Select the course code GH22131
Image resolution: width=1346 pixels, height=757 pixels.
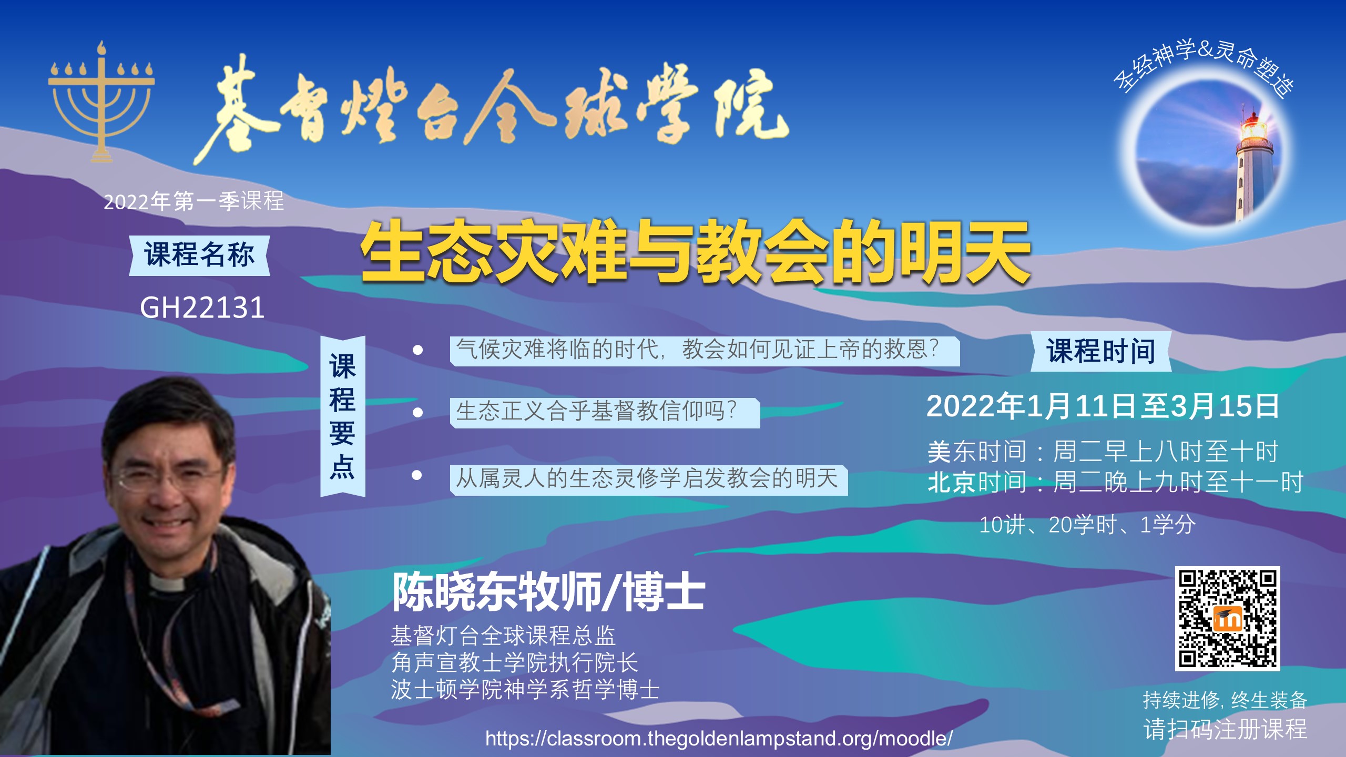pos(202,308)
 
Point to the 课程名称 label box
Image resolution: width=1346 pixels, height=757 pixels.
pos(199,255)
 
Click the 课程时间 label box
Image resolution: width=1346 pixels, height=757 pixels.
pos(1100,351)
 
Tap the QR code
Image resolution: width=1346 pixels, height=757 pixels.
pos(1227,619)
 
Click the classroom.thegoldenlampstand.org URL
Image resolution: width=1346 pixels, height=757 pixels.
pos(719,738)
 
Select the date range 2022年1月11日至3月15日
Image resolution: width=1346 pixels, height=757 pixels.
pos(1103,406)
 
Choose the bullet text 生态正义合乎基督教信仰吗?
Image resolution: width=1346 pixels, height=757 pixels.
pos(596,411)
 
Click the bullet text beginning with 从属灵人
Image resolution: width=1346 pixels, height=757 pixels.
pos(647,478)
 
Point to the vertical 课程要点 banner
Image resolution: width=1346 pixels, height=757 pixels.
pos(343,416)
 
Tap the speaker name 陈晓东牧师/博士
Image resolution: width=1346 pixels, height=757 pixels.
pos(548,592)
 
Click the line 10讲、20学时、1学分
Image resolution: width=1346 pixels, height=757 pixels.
pos(1087,525)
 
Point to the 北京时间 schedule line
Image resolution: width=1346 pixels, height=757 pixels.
pos(1115,482)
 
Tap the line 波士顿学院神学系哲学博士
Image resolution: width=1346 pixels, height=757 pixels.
pos(525,690)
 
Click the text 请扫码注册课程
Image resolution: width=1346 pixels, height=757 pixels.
pos(1226,729)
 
